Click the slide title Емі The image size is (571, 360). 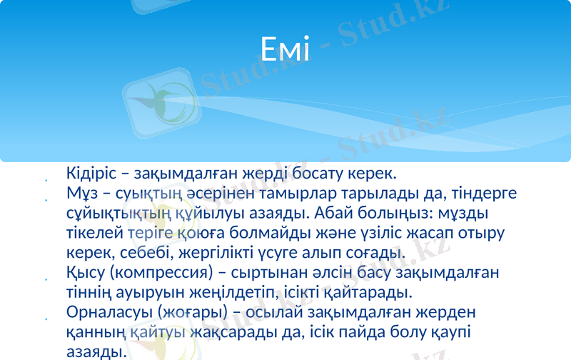pyautogui.click(x=285, y=50)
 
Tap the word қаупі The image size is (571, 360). pyautogui.click(x=448, y=333)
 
